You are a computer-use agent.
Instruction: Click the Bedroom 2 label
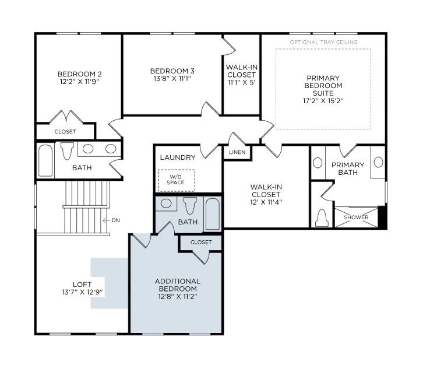pos(79,74)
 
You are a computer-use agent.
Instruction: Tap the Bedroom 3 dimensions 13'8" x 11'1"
pos(172,79)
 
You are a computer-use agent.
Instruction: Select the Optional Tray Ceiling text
pos(323,42)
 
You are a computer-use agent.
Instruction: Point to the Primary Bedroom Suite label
pos(323,85)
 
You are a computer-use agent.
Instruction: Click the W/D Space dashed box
pos(177,180)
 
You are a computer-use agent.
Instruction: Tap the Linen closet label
pos(237,152)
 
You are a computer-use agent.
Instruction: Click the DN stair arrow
pos(107,220)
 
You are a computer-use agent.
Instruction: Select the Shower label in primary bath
pos(356,217)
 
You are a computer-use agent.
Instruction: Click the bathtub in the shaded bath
pos(213,214)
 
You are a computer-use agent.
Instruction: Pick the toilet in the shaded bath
pos(191,206)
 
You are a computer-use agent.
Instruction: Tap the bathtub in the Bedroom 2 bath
pos(45,160)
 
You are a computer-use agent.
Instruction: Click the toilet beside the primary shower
pos(322,218)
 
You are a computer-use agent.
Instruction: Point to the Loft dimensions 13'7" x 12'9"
pos(82,292)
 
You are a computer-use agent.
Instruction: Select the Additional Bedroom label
pos(178,285)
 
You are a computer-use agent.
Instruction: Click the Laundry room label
pos(178,157)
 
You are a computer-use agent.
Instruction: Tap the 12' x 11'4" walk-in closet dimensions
pos(266,202)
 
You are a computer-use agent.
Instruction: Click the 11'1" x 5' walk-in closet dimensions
pos(242,82)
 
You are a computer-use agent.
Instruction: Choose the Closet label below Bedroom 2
pos(65,132)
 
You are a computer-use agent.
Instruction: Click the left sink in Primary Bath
pos(318,163)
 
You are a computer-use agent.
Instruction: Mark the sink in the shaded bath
pos(166,203)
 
